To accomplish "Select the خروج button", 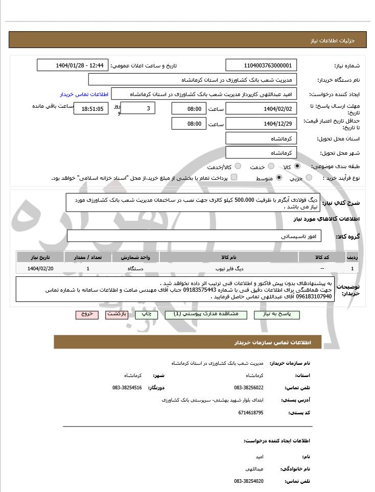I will [x=87, y=314].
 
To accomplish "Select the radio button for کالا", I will [x=297, y=167].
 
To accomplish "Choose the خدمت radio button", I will [x=271, y=167].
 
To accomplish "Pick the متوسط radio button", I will [x=279, y=178].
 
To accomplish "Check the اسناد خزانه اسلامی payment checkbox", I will [x=234, y=177].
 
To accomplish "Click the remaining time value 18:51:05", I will [x=91, y=108].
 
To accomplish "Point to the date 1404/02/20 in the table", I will [x=40, y=268].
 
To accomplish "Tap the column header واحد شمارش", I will [x=135, y=256].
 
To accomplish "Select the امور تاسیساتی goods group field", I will [x=194, y=236].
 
